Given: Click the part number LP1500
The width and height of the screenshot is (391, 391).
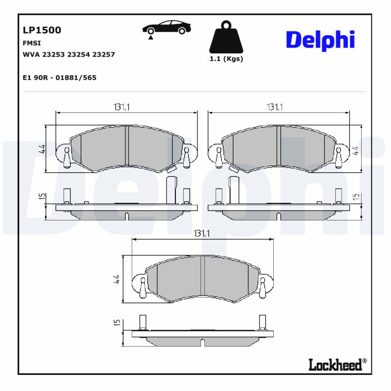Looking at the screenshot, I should click(42, 30).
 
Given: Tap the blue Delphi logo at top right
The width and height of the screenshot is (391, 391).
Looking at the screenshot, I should click(320, 40).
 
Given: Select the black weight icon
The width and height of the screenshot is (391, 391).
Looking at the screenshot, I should click(226, 38).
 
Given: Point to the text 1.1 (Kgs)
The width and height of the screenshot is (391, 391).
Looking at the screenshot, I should click(226, 59).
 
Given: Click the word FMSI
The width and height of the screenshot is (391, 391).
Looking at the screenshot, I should click(32, 43).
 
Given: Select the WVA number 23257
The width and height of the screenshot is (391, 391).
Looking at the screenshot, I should click(104, 55).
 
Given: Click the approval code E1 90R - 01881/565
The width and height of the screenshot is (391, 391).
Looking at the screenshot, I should click(60, 78).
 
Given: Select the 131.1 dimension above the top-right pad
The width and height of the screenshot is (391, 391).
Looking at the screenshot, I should click(275, 107).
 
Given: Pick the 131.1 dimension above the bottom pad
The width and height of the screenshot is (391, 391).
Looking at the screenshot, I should click(201, 234).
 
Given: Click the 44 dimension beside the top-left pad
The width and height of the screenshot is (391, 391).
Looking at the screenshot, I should click(42, 149).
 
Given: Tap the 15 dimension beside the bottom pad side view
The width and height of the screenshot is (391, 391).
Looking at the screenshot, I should click(117, 323).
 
